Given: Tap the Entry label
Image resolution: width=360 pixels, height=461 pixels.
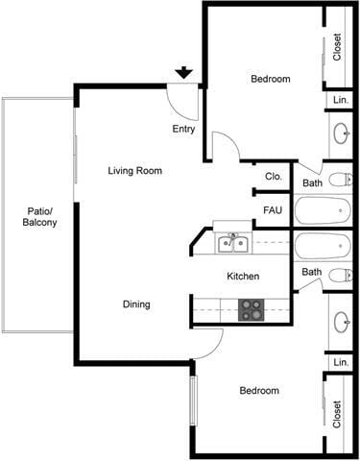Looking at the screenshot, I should (183, 129).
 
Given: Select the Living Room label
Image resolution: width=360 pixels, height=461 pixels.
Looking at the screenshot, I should (134, 171).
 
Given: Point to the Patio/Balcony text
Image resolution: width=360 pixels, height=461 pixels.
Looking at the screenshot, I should (39, 217).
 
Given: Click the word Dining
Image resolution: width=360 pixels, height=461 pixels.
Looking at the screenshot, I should (136, 304).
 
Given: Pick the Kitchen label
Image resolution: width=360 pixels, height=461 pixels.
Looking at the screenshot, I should (243, 277).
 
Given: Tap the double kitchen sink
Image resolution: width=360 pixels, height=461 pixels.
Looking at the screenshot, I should (231, 242).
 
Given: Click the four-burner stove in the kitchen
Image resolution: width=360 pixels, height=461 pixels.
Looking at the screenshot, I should (252, 309).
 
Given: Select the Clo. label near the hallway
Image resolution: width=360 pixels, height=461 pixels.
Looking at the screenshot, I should (273, 177).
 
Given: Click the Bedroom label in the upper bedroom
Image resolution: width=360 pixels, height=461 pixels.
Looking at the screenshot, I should (270, 79).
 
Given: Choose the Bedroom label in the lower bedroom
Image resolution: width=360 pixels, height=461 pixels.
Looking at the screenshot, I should (259, 391).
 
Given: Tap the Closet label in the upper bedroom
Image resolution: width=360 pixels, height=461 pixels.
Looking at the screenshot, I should (338, 47).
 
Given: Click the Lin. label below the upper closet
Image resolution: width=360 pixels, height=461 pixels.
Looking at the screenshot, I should (340, 100).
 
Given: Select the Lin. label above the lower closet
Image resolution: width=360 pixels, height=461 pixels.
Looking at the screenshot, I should (340, 362).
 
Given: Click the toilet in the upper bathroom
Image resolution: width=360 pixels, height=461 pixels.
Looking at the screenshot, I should (339, 180).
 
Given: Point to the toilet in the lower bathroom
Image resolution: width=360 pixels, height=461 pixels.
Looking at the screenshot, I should (339, 275).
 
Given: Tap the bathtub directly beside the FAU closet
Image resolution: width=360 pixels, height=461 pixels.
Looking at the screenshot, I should (324, 210).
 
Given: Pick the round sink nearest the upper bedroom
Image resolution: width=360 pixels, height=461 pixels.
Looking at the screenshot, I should (340, 132).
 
